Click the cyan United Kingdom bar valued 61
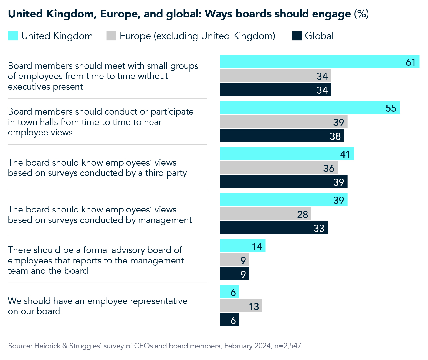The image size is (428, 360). (319, 62)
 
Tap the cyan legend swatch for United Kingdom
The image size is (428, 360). (13, 36)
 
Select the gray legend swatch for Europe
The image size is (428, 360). (111, 36)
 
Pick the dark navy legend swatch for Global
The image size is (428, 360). (296, 36)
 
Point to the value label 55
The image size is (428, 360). (391, 108)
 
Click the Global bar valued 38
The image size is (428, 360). (282, 136)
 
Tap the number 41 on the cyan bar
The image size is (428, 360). (345, 154)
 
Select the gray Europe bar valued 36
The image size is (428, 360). (278, 168)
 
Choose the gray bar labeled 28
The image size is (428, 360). (265, 214)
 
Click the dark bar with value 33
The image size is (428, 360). (273, 228)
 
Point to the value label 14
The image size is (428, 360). (257, 246)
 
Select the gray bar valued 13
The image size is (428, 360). (241, 306)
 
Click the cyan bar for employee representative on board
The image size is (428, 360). (229, 292)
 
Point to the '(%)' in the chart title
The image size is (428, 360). (361, 14)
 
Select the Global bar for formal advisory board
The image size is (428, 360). (234, 274)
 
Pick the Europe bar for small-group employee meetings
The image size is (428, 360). (275, 76)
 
